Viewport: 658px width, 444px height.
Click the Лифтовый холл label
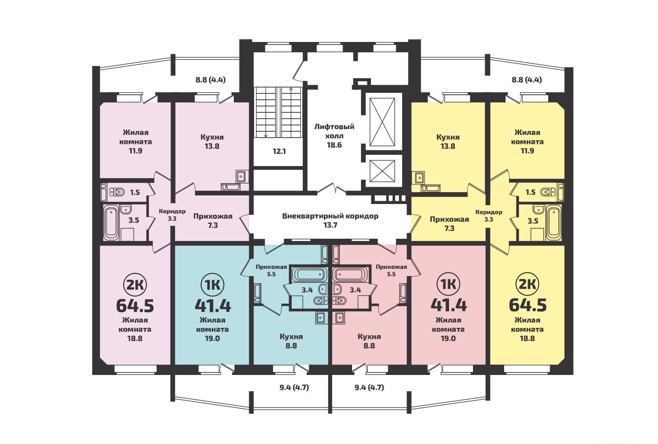334,136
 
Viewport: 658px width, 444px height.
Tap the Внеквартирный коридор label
330,221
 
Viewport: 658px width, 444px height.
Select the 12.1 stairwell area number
279,152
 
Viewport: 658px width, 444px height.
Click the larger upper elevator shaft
382,122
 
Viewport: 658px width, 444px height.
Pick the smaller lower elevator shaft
382,171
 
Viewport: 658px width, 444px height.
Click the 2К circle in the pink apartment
135,285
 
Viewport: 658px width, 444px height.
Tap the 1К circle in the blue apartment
213,285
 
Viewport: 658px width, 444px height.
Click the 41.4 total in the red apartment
449,305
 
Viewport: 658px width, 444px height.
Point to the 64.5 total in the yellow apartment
528,305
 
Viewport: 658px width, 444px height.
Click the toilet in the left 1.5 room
117,193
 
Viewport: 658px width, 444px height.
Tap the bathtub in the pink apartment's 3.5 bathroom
111,223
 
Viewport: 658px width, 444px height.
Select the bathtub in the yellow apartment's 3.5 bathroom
554,222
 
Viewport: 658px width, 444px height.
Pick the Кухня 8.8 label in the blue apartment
291,341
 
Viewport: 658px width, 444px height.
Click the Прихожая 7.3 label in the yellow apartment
449,224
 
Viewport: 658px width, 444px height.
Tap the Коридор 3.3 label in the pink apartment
172,215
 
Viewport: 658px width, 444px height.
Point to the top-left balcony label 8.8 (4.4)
210,79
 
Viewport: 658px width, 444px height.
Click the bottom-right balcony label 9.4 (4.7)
369,387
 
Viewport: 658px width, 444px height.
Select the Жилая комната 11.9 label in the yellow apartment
527,142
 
